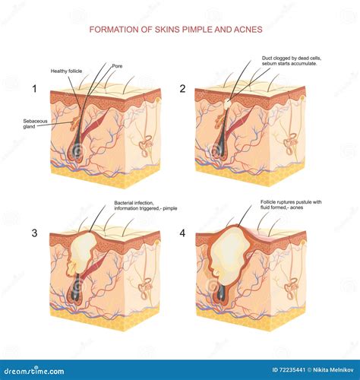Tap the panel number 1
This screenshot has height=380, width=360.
[x=34, y=89]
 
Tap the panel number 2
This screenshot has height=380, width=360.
[x=182, y=89]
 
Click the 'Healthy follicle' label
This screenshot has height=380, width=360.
[x=66, y=71]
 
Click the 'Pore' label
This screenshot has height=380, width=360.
[x=116, y=65]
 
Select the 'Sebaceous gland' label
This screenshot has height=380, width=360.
[x=34, y=124]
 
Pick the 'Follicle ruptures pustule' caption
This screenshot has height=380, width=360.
[x=288, y=203]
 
